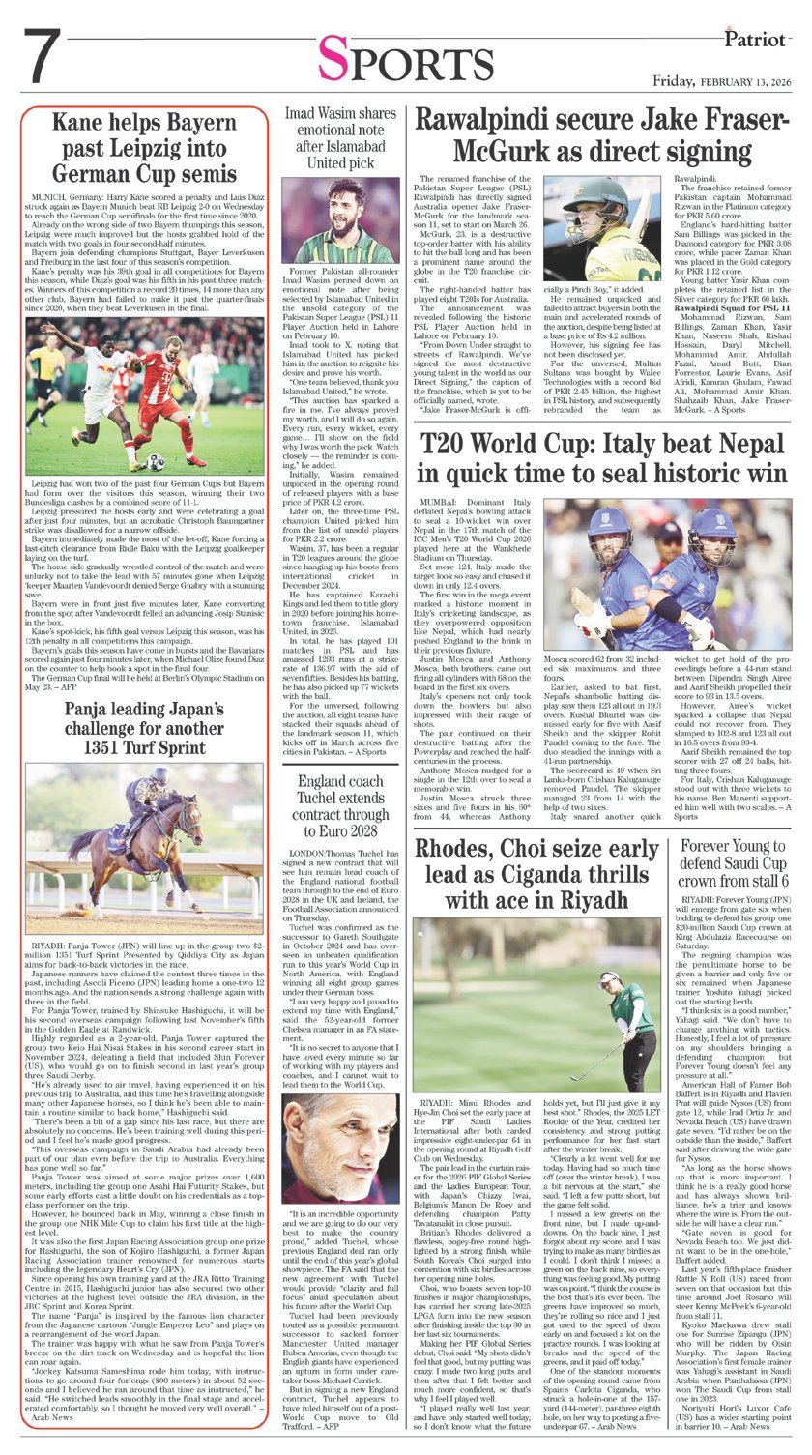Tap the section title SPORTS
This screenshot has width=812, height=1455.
pos(405,64)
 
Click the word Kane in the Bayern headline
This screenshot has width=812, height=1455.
pos(80,123)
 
